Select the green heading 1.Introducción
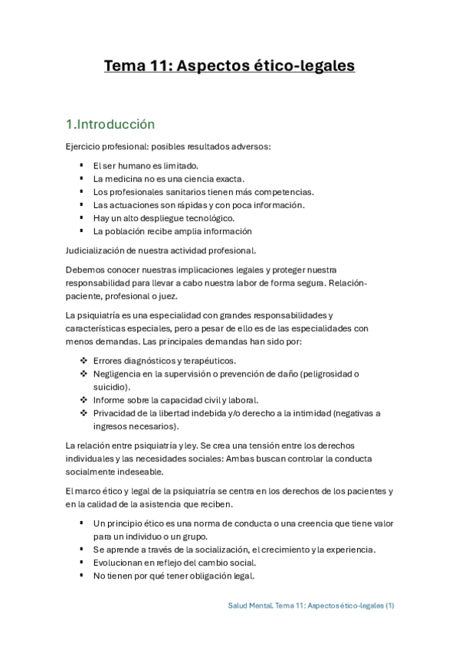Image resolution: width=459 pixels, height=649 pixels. click(110, 125)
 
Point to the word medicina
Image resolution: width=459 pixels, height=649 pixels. click(126, 178)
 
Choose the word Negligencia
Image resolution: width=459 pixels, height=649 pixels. click(117, 373)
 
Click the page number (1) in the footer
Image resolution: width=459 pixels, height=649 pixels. click(389, 605)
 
